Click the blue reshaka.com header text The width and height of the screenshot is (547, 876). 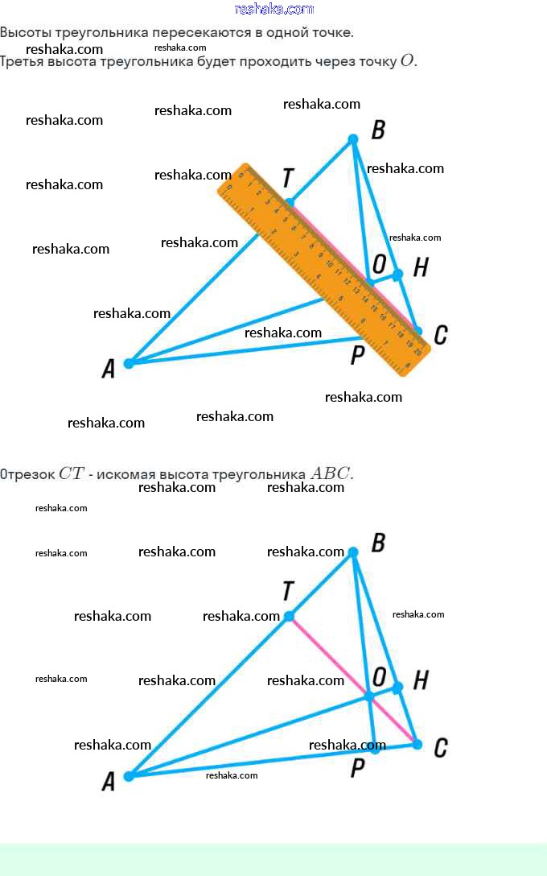pos(273,9)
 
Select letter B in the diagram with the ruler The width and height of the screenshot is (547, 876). pos(378,130)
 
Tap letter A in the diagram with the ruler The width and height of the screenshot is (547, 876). pos(108,370)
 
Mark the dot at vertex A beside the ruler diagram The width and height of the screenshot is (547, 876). pos(129,363)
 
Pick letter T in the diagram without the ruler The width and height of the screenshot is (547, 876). pos(288,592)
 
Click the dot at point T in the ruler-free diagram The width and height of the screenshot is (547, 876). pos(289,617)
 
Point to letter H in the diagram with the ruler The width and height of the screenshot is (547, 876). pos(420,268)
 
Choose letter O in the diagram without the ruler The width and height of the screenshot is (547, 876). pos(380,675)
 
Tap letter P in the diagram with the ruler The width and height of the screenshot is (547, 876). pos(358,355)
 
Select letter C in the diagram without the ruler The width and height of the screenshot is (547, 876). pos(440,749)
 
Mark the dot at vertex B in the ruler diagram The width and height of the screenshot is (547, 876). pos(352,139)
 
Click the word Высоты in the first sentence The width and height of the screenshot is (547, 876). pos(25,33)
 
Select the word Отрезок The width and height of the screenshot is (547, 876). pos(27,474)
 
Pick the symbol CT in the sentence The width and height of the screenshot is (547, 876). pos(71,473)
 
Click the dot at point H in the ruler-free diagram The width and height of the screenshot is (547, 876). pos(397,688)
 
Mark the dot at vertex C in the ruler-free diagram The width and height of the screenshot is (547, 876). pos(417,744)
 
